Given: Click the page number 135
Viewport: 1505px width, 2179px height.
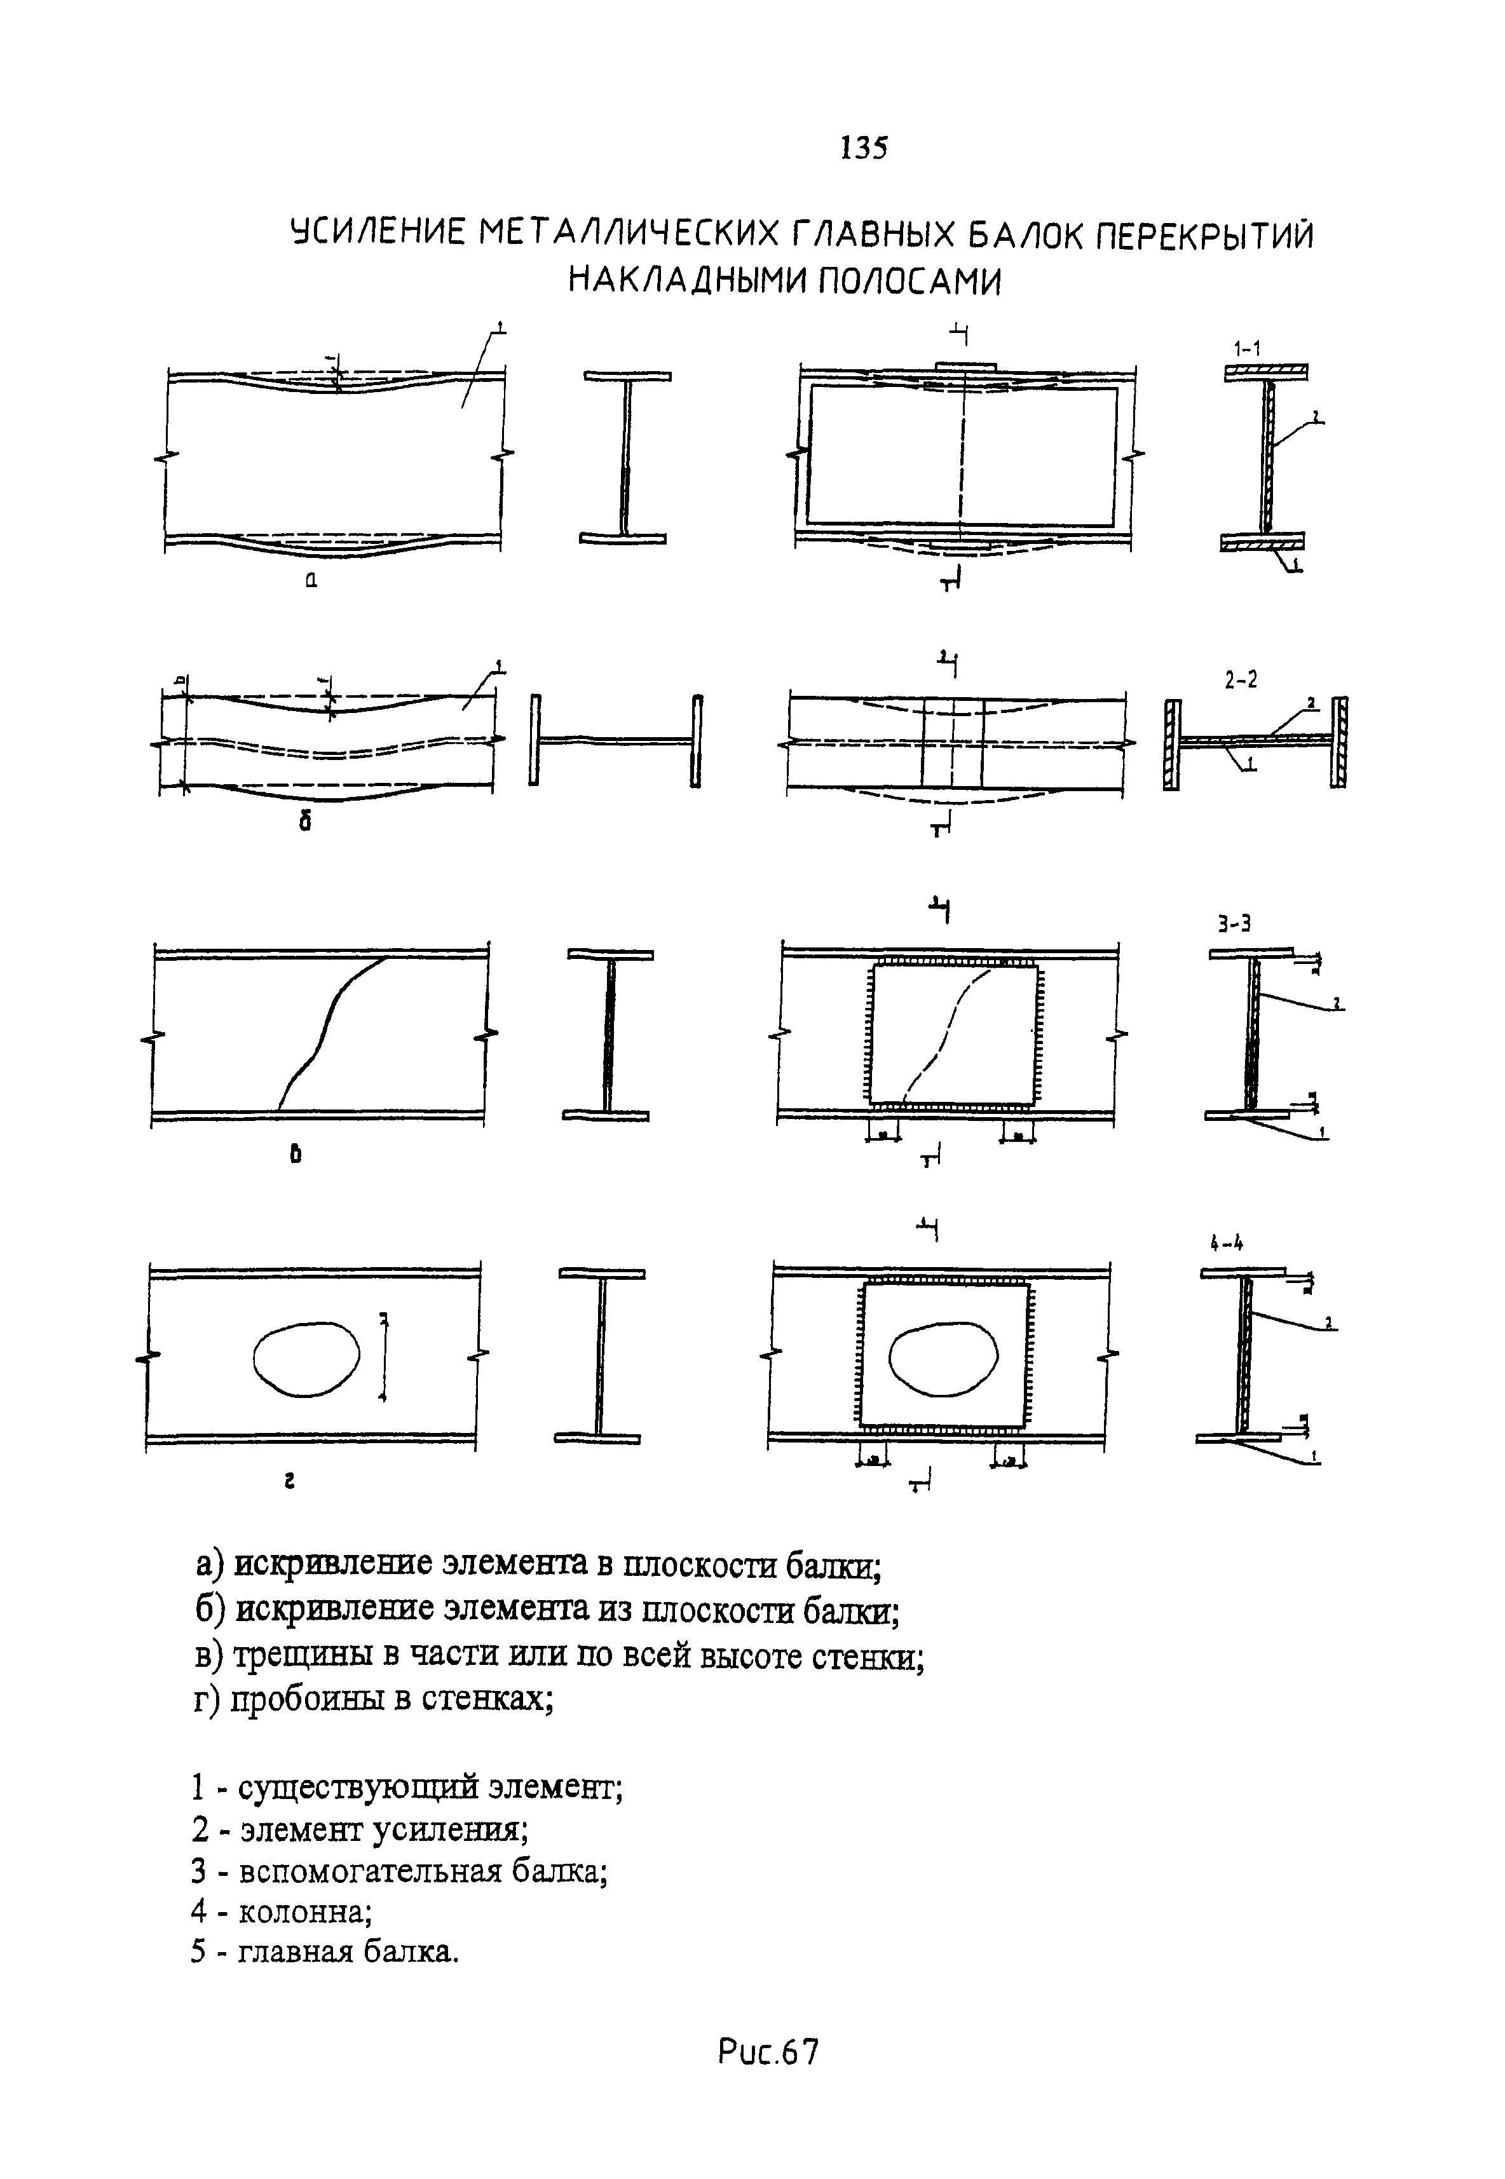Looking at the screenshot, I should click(x=863, y=148).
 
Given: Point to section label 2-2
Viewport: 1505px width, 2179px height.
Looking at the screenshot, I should click(x=1241, y=680).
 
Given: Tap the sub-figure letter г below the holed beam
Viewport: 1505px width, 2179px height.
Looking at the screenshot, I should click(x=291, y=1482).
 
